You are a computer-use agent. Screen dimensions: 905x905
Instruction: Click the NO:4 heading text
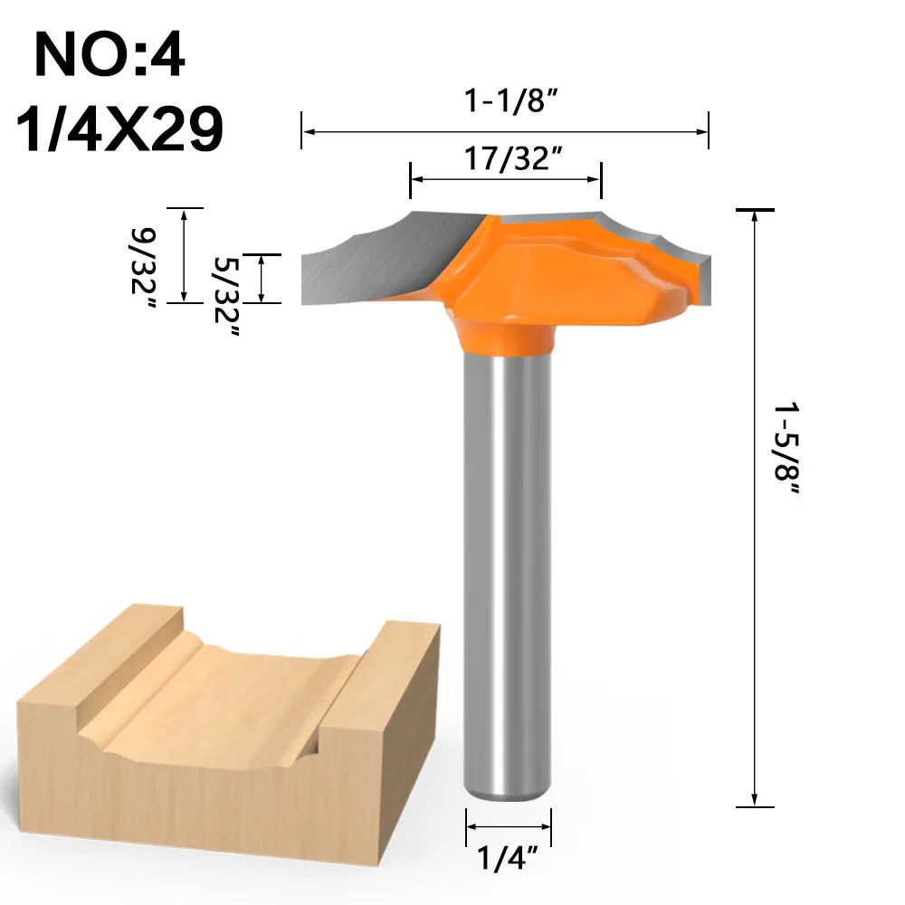tap(110, 54)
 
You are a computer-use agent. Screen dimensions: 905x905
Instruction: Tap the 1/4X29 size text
tap(119, 129)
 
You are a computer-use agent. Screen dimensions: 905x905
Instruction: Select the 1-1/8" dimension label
tap(512, 100)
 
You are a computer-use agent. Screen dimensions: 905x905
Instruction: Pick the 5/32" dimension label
tap(226, 297)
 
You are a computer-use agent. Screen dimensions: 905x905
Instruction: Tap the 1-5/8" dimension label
tap(786, 449)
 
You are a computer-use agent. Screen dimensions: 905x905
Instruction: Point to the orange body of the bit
tap(554, 271)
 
